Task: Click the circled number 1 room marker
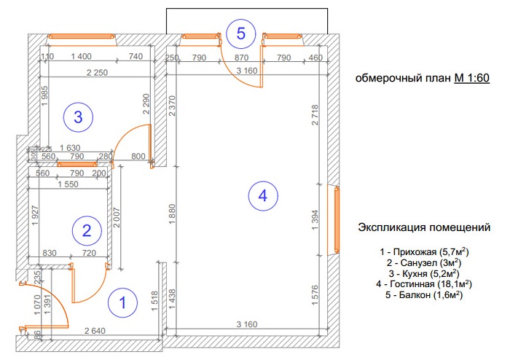[x=122, y=302]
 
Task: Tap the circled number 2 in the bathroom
[x=86, y=232]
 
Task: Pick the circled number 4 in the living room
[x=262, y=195]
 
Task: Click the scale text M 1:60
[x=471, y=79]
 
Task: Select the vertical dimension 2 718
[x=315, y=115]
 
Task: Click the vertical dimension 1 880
[x=172, y=215]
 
